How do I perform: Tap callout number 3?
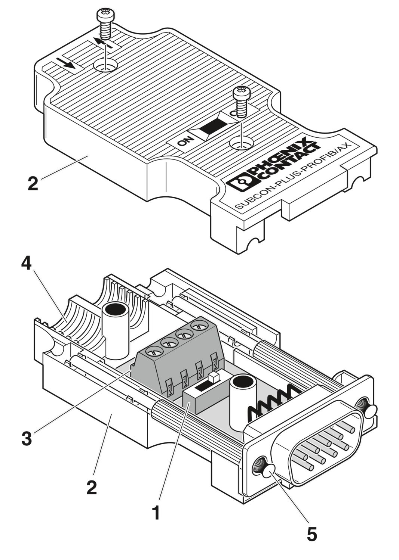[x=27, y=438]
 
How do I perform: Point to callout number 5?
[x=311, y=534]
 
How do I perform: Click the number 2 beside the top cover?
[x=33, y=184]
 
